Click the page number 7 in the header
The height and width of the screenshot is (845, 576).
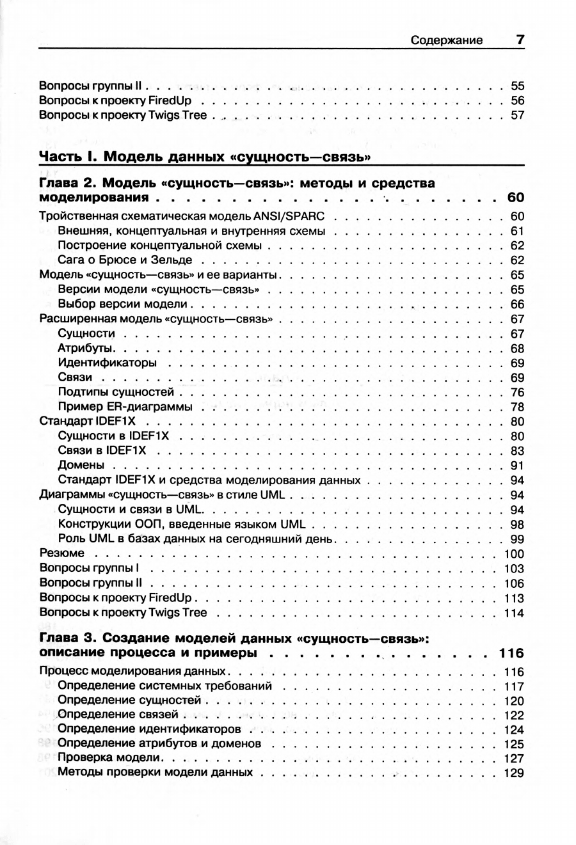(520, 40)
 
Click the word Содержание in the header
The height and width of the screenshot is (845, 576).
(447, 40)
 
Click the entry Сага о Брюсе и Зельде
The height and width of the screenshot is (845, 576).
(125, 260)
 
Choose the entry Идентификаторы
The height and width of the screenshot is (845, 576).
(107, 363)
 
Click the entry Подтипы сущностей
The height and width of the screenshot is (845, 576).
(116, 392)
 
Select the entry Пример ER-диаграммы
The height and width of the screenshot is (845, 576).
(125, 407)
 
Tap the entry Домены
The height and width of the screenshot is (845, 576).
(81, 466)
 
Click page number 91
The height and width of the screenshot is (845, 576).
(517, 466)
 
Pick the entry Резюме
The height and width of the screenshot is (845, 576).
(61, 553)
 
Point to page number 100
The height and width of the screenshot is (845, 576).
(515, 554)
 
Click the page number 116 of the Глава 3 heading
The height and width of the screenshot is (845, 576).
(511, 653)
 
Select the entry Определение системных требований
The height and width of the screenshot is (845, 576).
(164, 686)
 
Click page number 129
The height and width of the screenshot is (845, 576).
(515, 773)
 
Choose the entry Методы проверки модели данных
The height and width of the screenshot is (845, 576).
(155, 773)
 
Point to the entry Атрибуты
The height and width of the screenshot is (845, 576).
(86, 349)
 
